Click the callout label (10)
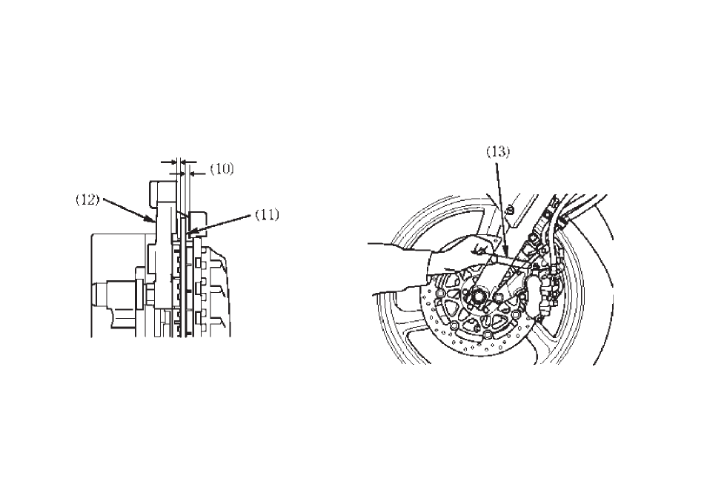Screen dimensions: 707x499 222,169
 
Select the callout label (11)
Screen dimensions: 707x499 268,215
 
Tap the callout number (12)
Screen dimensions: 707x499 87,200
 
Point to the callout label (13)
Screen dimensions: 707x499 498,152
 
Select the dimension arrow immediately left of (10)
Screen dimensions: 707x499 196,173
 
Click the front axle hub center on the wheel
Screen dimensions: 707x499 477,298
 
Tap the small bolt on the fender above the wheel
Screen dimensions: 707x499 511,209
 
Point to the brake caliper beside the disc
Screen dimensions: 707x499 538,293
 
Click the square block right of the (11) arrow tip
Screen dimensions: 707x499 197,223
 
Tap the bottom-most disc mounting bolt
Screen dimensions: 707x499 488,334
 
